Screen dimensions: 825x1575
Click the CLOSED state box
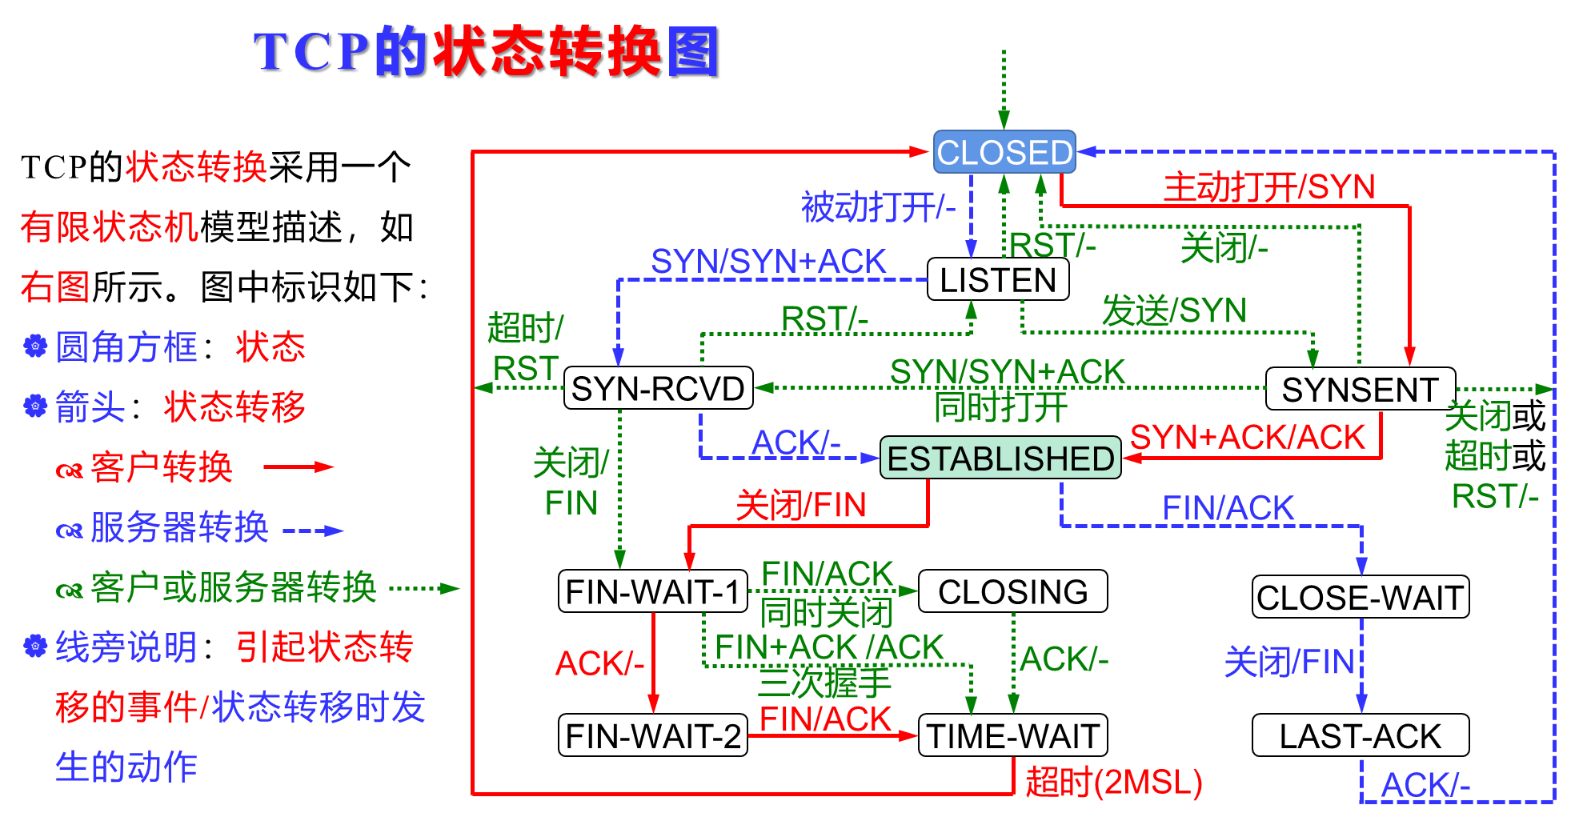pyautogui.click(x=1004, y=152)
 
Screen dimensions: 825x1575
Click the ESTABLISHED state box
pyautogui.click(x=1000, y=459)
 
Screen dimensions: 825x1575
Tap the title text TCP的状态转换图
pyautogui.click(x=486, y=51)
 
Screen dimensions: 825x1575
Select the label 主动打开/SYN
pyautogui.click(x=1268, y=187)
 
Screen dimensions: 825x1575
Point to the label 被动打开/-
pyautogui.click(x=878, y=207)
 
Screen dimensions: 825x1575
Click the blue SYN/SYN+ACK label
pyautogui.click(x=768, y=262)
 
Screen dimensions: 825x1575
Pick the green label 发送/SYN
pyautogui.click(x=1174, y=310)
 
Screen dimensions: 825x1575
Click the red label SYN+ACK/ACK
pyautogui.click(x=1247, y=438)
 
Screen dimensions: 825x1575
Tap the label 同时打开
pyautogui.click(x=1000, y=407)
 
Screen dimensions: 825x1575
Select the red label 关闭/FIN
pyautogui.click(x=801, y=506)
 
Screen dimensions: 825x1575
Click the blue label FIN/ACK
pyautogui.click(x=1228, y=508)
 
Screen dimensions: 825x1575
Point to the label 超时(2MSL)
pyautogui.click(x=1113, y=783)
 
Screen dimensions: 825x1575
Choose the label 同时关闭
pyautogui.click(x=826, y=613)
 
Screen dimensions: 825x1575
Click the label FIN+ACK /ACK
pyautogui.click(x=829, y=647)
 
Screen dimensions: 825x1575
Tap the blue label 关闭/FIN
pyautogui.click(x=1288, y=663)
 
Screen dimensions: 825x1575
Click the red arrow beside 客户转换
pyautogui.click(x=298, y=467)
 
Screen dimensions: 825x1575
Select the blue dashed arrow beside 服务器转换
pyautogui.click(x=313, y=530)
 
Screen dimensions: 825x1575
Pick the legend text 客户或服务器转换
pyautogui.click(x=233, y=587)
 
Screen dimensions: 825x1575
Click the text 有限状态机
pyautogui.click(x=110, y=227)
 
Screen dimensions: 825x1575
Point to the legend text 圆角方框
pyautogui.click(x=126, y=347)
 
